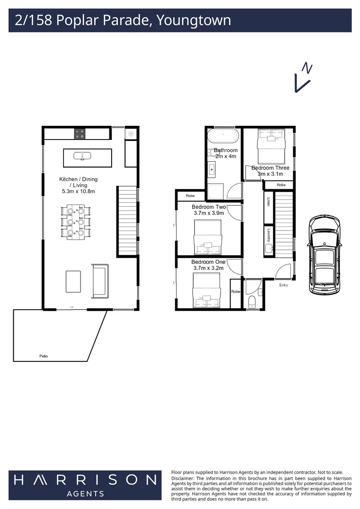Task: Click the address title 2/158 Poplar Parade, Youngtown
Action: pos(123,21)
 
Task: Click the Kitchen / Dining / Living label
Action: pos(78,185)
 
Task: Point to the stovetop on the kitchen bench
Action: pos(80,134)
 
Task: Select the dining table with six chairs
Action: pos(75,222)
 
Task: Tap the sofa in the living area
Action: pos(100,280)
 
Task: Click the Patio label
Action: pos(43,356)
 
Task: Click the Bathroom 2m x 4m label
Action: pos(226,153)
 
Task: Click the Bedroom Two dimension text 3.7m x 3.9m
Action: pos(209,213)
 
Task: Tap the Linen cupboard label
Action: pos(269,202)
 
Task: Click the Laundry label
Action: pos(269,234)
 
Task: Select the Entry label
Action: pos(283,285)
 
